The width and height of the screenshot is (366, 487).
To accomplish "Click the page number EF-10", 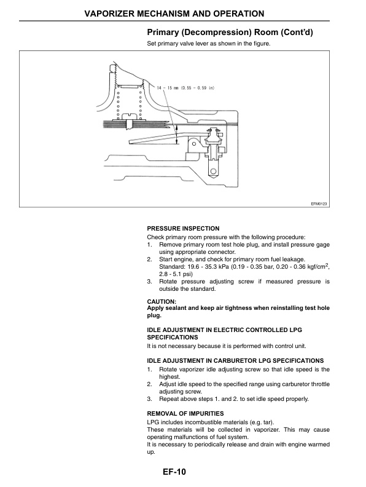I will pos(174,472).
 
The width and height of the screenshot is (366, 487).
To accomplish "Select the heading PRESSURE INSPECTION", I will pos(183,228).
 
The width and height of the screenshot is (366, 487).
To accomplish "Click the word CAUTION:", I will pos(162,301).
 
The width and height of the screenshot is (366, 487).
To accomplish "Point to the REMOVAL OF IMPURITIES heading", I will pos(185,413).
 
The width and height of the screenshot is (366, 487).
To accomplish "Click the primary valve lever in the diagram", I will pos(147,137).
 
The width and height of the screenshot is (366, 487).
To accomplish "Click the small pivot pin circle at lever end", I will pos(193,145).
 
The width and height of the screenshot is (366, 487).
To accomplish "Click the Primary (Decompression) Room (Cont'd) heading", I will pos(230,32).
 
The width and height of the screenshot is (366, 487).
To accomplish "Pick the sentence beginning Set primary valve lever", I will pos(208,44).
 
